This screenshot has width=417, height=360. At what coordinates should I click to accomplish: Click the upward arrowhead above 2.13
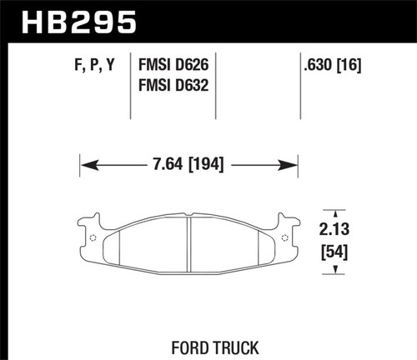[335, 212]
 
